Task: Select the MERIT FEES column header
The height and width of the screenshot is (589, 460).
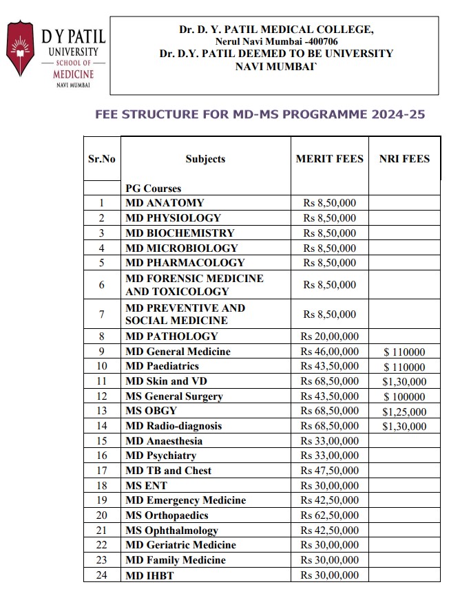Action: pyautogui.click(x=329, y=159)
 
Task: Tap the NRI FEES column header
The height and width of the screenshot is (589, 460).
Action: pyautogui.click(x=404, y=159)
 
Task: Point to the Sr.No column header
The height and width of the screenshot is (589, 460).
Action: pyautogui.click(x=102, y=159)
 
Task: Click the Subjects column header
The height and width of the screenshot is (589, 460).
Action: pyautogui.click(x=205, y=159)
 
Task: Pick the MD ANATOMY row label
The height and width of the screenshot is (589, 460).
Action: pyautogui.click(x=165, y=203)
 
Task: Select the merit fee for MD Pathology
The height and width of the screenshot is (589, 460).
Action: pyautogui.click(x=329, y=336)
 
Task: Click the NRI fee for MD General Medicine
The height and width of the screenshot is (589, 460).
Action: pyautogui.click(x=404, y=352)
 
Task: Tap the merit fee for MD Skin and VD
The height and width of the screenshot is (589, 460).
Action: pyautogui.click(x=329, y=381)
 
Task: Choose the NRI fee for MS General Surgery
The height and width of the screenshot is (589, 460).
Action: pyautogui.click(x=404, y=397)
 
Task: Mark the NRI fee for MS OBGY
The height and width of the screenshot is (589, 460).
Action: pyautogui.click(x=404, y=412)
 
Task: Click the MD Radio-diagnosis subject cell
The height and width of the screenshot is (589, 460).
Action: pyautogui.click(x=174, y=426)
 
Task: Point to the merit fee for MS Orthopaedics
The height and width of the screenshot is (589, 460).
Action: pyautogui.click(x=329, y=515)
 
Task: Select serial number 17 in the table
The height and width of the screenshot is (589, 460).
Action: pyautogui.click(x=102, y=471)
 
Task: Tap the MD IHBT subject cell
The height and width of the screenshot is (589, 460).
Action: pyautogui.click(x=149, y=575)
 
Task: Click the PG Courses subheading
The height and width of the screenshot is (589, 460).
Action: pyautogui.click(x=153, y=189)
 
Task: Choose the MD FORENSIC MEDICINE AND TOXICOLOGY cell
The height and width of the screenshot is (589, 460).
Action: pyautogui.click(x=194, y=285)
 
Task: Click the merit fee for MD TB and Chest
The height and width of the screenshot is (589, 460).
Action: pyautogui.click(x=329, y=471)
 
